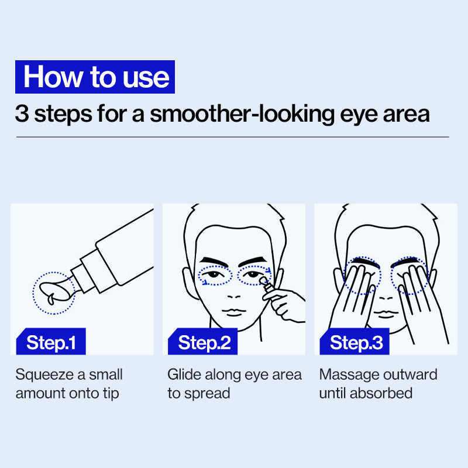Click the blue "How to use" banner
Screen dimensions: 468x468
[95, 77]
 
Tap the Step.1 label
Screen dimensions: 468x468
[51, 342]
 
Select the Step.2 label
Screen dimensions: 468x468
[203, 342]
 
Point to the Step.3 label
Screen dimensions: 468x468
[355, 342]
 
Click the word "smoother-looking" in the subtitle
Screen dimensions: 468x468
[242, 114]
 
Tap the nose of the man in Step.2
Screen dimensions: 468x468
[233, 297]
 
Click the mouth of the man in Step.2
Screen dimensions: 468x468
[234, 312]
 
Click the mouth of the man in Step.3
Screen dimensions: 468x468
[386, 314]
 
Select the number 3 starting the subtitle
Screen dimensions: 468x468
[22, 113]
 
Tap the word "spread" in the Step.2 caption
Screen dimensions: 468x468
[207, 394]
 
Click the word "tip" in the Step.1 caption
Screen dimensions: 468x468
[111, 394]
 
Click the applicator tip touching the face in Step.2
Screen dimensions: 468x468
[263, 281]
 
